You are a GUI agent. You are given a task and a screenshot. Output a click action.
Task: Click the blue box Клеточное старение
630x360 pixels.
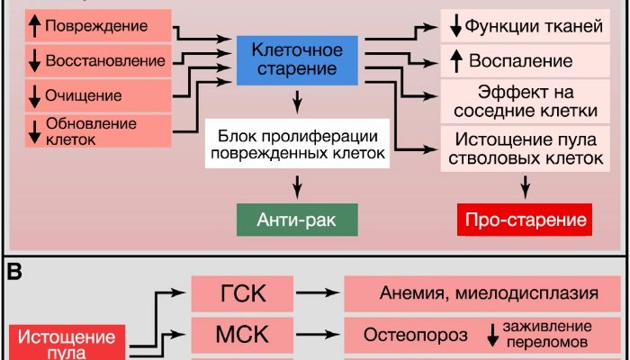[296, 57]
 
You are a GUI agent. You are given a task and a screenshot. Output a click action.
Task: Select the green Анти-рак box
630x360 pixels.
[296, 219]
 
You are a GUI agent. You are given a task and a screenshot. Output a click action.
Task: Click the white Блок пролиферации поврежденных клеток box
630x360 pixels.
[296, 144]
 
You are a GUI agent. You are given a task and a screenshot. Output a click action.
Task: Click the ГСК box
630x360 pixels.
[241, 292]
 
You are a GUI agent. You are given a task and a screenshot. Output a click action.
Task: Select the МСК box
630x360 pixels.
[241, 335]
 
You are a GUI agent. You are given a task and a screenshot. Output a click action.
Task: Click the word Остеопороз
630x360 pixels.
[415, 336]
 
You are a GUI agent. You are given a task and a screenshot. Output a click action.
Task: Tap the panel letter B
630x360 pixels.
[15, 272]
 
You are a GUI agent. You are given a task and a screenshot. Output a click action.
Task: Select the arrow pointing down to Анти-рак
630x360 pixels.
[296, 186]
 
